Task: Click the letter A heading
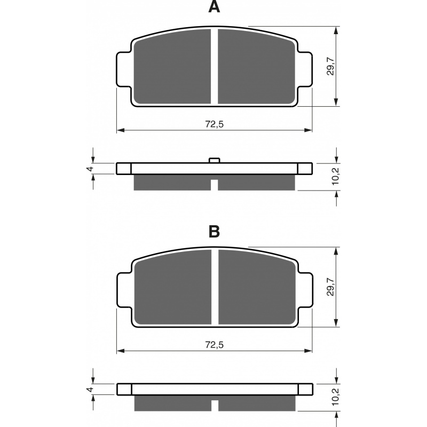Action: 214,7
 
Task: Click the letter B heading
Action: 214,232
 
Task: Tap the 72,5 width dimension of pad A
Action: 214,124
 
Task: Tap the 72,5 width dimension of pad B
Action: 214,345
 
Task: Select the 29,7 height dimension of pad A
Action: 330,66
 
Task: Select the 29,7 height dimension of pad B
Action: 330,287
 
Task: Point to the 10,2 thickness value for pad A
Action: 335,176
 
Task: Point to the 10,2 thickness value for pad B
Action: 335,397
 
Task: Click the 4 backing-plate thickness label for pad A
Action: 90,169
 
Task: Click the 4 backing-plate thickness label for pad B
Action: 90,389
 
